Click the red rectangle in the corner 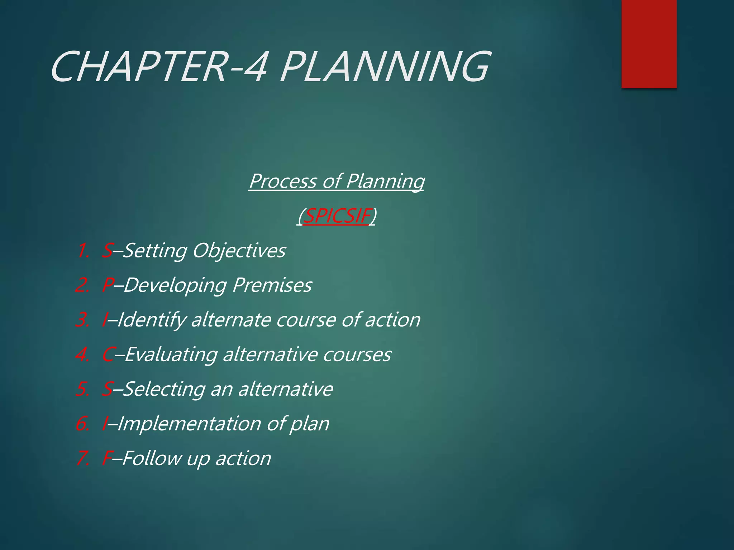coord(649,44)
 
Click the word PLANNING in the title coord(384,67)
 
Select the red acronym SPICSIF coord(336,216)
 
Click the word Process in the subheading coord(283,181)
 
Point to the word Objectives coord(239,251)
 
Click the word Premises coord(272,285)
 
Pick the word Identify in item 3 coord(151,320)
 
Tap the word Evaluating coord(171,354)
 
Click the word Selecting coord(164,389)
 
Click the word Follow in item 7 coord(152,458)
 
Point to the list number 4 coord(83,355)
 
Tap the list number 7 coord(83,459)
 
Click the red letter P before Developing coord(108,285)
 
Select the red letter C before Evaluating coord(108,355)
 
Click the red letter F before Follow coord(107,459)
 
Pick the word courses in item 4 coord(357,354)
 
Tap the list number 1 coord(83,251)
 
